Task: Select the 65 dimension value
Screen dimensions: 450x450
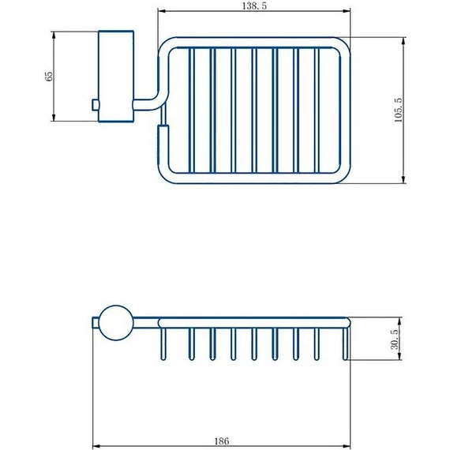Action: [49, 76]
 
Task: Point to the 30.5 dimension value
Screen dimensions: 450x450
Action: [393, 339]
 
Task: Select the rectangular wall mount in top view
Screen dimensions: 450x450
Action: [115, 76]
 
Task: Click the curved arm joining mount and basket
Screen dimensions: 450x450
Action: [149, 101]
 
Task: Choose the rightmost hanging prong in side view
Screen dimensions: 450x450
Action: [345, 347]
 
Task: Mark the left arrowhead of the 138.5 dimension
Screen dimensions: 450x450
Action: [161, 12]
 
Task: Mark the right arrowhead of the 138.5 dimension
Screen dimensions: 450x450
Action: [347, 12]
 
